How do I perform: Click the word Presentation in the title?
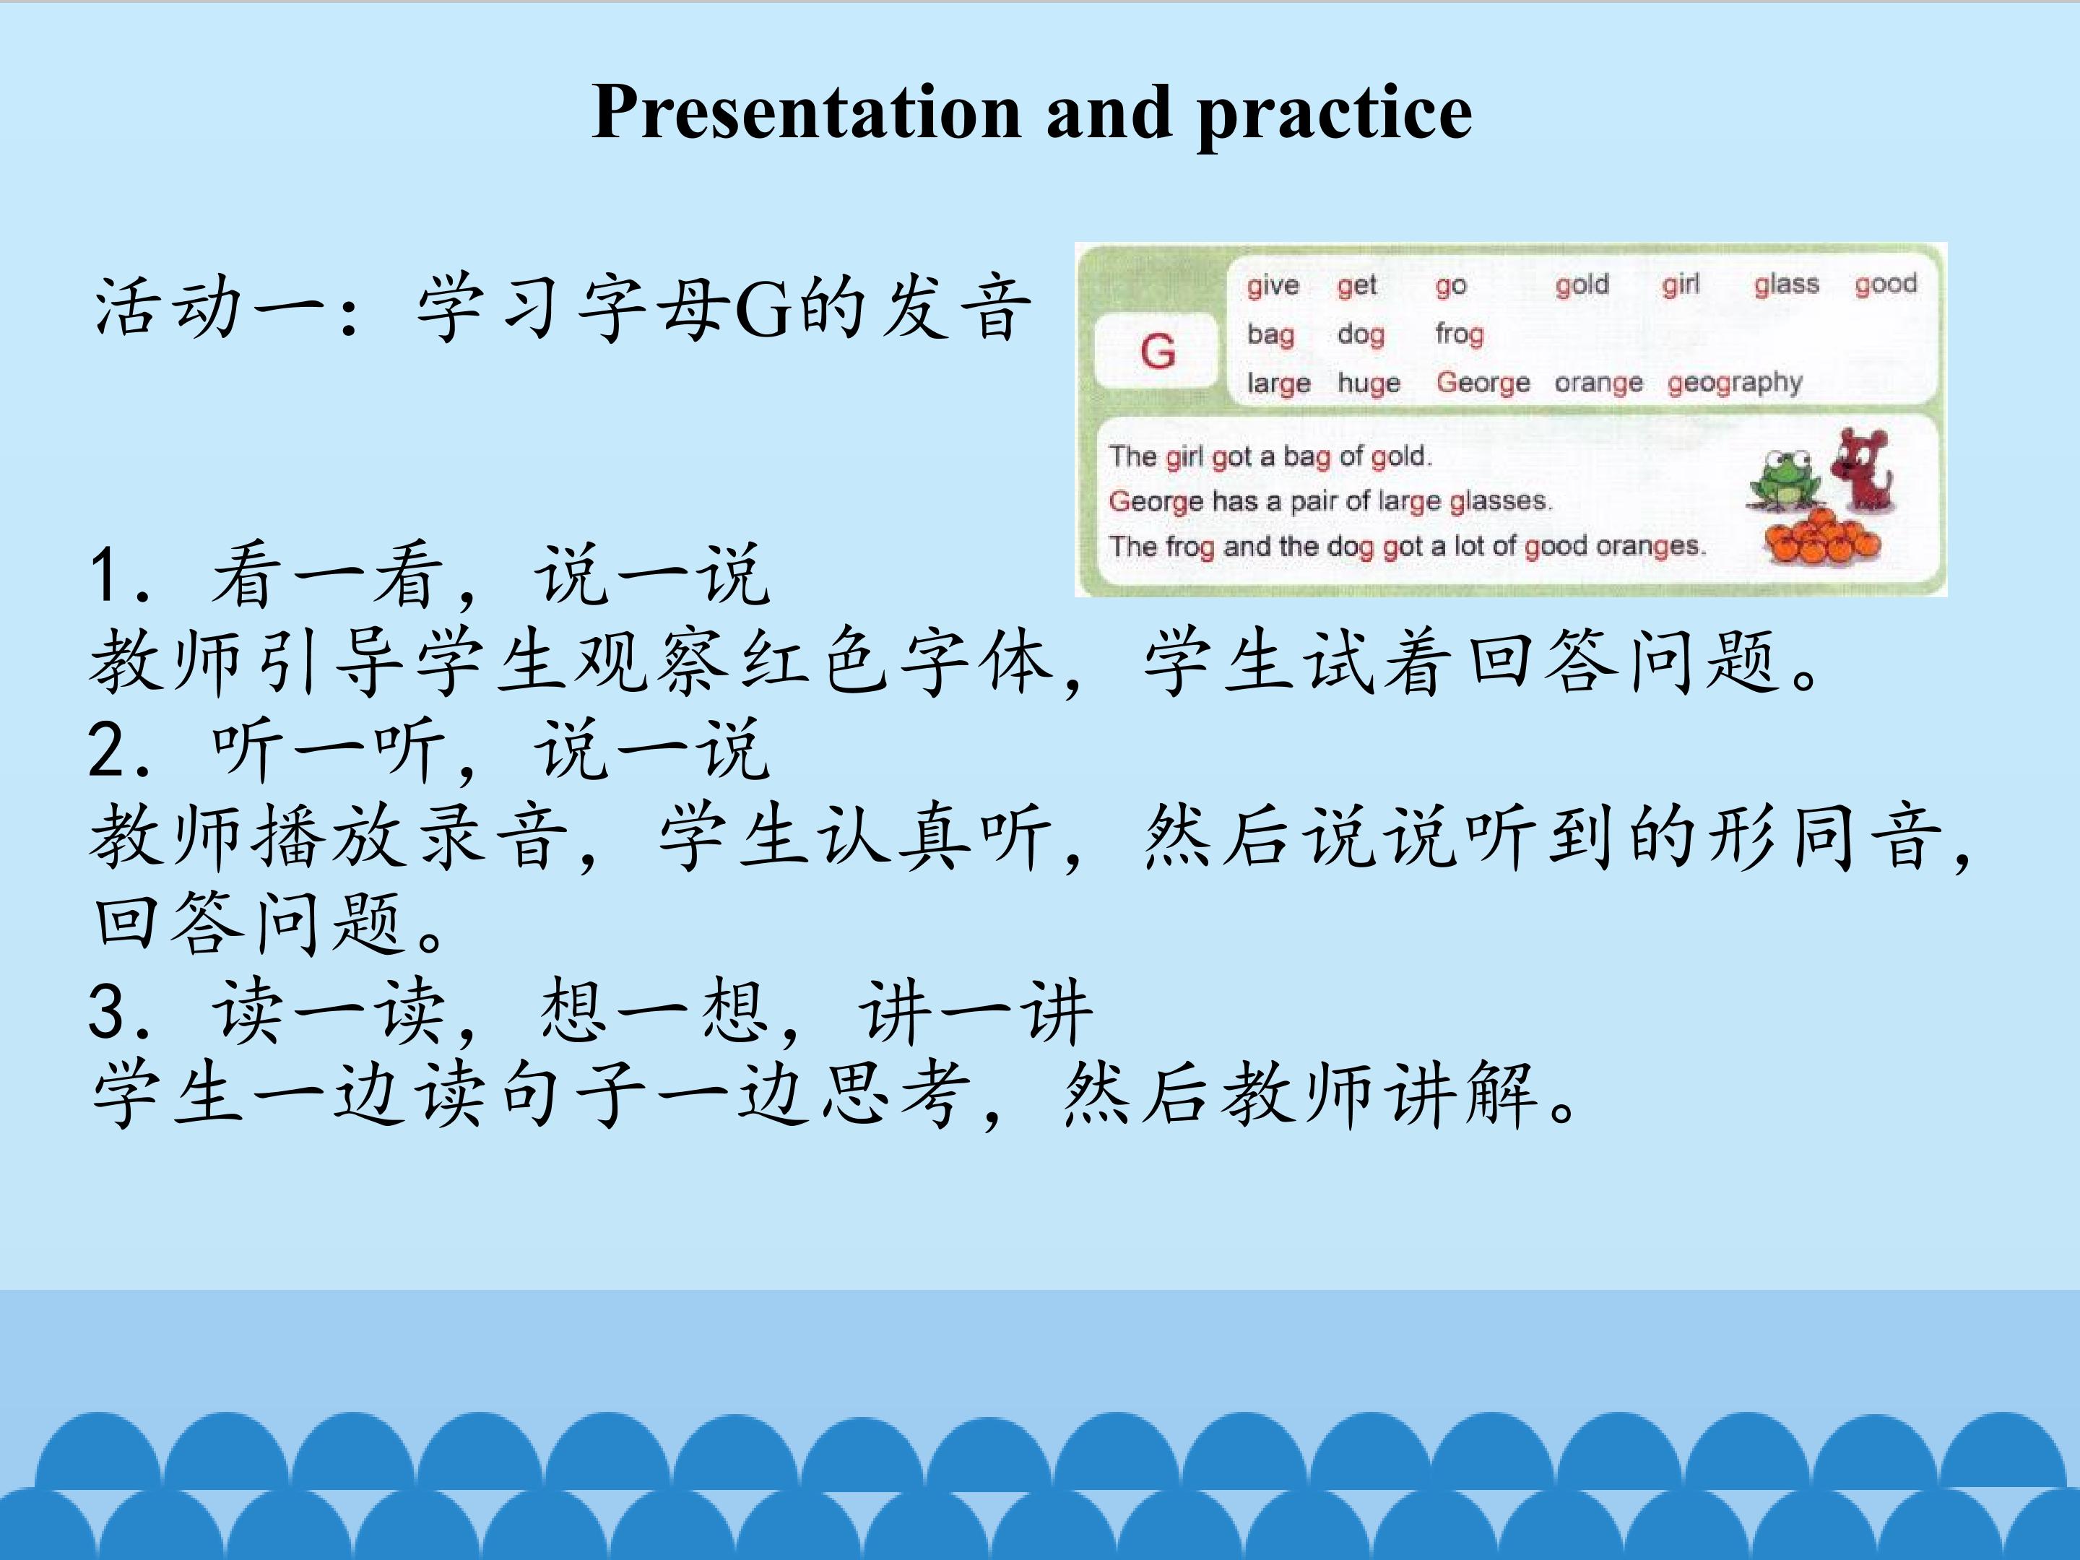[807, 112]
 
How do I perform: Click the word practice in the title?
[1335, 116]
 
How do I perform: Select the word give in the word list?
[1273, 286]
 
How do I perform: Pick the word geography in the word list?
[1735, 383]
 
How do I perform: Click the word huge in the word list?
[1369, 383]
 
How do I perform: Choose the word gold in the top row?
[1582, 284]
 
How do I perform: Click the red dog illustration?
[1863, 470]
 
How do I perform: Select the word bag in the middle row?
[1270, 336]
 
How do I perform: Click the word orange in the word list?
[1598, 383]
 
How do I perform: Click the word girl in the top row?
[1681, 284]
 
